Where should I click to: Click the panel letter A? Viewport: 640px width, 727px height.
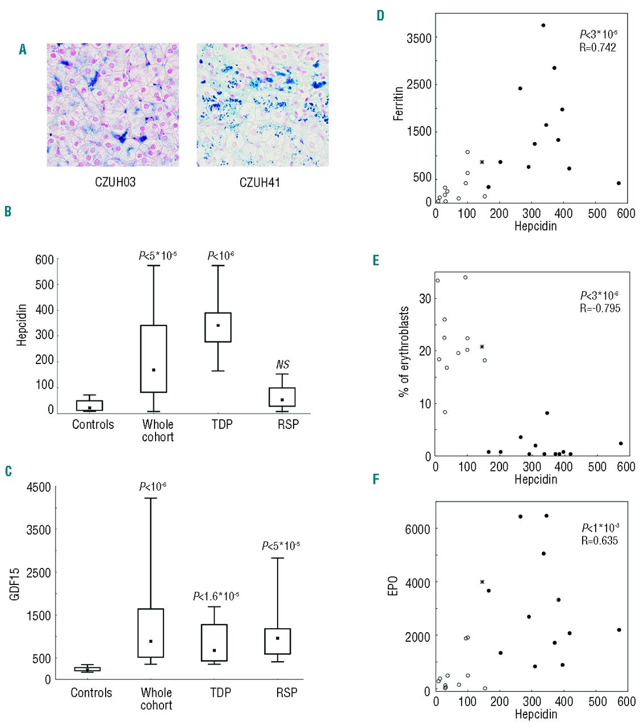(23, 50)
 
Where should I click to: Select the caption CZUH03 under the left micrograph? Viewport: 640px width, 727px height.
(115, 183)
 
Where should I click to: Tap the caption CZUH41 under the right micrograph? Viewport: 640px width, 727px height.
(260, 183)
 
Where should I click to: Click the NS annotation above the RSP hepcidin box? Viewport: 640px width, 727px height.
(283, 365)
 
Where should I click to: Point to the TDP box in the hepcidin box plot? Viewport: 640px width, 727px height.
(218, 327)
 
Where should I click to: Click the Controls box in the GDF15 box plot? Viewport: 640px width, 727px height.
(87, 669)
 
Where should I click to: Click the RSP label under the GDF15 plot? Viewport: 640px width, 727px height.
(287, 692)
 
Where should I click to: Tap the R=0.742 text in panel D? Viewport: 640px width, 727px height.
(597, 48)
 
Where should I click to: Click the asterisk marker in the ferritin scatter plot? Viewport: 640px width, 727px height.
(482, 162)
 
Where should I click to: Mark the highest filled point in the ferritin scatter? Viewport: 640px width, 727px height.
(543, 26)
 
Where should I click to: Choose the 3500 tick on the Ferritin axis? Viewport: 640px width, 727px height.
(419, 38)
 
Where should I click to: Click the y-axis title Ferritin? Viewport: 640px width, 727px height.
(399, 103)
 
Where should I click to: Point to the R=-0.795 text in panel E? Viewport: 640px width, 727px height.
(600, 308)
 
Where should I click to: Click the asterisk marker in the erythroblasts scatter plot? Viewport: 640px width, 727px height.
(482, 346)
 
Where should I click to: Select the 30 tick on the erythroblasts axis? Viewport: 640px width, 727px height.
(425, 298)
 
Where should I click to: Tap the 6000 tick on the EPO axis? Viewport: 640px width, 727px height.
(417, 529)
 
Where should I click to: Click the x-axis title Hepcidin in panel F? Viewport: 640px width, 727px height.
(536, 714)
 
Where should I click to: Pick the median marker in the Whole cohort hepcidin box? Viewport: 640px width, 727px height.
(154, 370)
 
